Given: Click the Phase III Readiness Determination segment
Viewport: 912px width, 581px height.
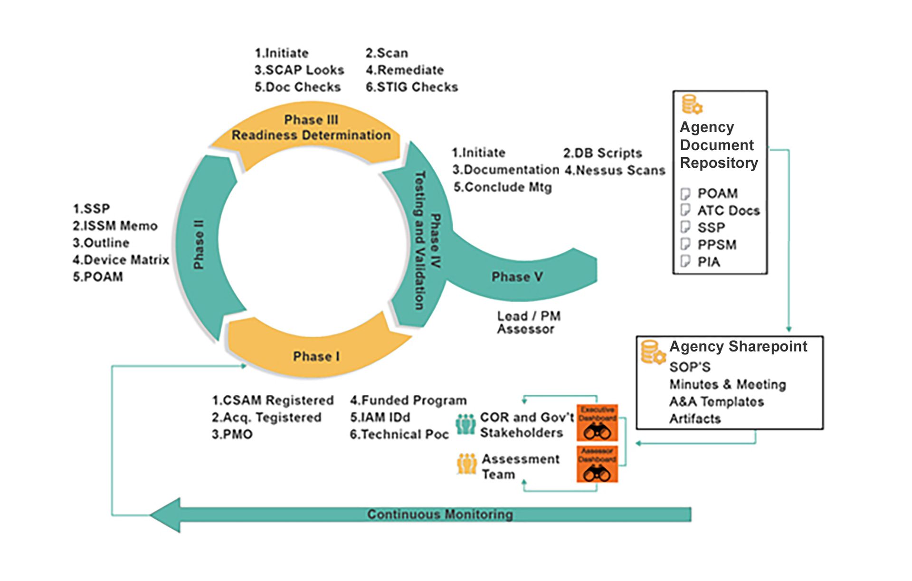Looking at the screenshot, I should tap(311, 128).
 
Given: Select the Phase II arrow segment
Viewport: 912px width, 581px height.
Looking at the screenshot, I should tap(199, 245).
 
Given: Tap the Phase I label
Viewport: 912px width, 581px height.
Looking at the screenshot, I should tap(316, 356).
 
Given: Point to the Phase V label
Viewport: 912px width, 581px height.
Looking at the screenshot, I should tap(517, 277).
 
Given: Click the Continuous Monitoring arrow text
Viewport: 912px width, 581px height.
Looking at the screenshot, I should tap(440, 514).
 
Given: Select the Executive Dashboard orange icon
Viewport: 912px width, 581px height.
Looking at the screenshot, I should tap(597, 423).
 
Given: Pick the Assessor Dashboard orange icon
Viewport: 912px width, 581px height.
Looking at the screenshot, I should tap(597, 464).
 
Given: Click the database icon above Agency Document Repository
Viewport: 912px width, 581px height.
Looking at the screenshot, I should tap(692, 105).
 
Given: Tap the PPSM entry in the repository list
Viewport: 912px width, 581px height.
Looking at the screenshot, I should tap(717, 245).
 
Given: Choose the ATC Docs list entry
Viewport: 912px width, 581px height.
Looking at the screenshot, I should tap(728, 211).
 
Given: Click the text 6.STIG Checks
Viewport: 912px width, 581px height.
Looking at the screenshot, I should tap(412, 87).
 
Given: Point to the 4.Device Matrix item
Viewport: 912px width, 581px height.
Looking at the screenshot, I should tap(121, 260).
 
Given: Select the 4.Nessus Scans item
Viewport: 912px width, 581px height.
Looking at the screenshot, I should tap(615, 170).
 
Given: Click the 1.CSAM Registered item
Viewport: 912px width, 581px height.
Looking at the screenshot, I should tap(273, 400).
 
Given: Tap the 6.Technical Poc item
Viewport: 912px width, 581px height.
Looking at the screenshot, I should tap(399, 434).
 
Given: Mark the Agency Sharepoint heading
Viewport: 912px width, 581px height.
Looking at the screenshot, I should tap(738, 347).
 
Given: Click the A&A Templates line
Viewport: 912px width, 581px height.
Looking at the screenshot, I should tap(716, 402).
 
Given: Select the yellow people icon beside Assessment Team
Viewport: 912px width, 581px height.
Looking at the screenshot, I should tap(466, 464).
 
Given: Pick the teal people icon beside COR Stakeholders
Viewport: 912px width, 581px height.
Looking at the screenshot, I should tap(465, 424).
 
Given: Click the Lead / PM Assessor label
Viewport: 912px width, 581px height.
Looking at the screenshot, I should tap(528, 323).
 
